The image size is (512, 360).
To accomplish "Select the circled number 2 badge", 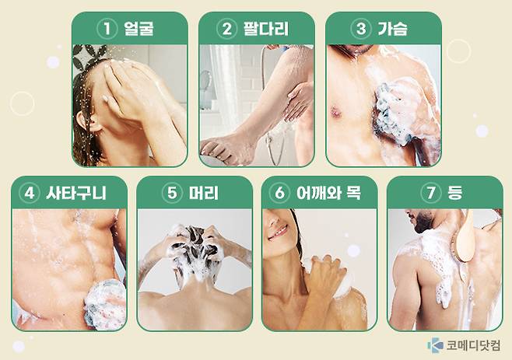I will (x=227, y=30).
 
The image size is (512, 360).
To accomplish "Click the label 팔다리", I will (x=265, y=30).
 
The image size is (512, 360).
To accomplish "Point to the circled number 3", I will (x=360, y=30).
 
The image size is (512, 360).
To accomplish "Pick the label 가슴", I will (x=392, y=30).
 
